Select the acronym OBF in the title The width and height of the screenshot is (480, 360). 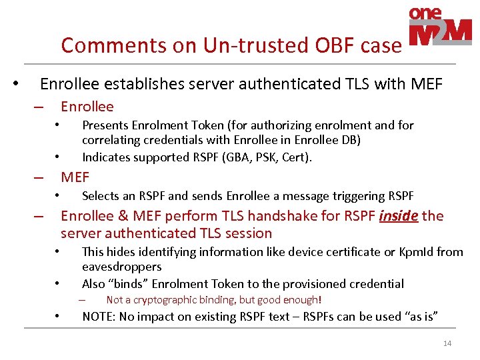(317, 45)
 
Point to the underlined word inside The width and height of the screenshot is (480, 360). (398, 216)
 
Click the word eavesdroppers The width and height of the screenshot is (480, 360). (121, 266)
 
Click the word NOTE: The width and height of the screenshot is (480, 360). (99, 316)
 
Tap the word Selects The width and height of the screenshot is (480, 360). (100, 196)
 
